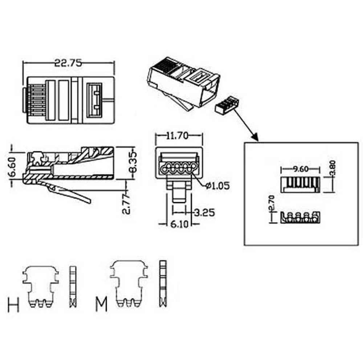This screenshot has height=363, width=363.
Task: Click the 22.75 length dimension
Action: point(68,63)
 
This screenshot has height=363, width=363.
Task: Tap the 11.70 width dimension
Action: point(178,136)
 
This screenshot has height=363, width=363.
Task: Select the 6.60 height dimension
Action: point(12,167)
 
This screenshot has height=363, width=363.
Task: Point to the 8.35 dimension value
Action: point(133,162)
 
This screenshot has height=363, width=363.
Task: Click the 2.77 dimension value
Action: point(126,204)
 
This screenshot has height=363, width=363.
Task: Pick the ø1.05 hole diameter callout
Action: point(217,185)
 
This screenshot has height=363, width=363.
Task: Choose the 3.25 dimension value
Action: point(204,212)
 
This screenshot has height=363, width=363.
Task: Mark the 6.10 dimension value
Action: point(179,224)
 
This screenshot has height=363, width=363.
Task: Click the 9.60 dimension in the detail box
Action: point(301,169)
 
